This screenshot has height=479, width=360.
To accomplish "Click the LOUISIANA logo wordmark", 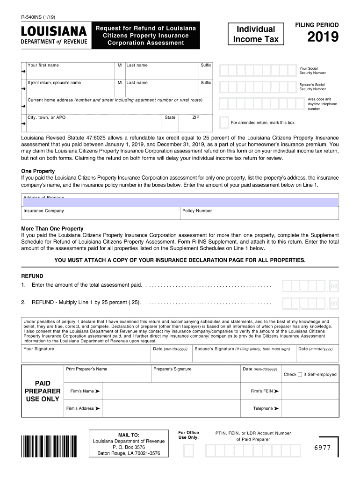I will click(x=54, y=32).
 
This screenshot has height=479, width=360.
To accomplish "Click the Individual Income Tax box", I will click(x=255, y=34).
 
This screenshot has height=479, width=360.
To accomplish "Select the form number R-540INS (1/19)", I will click(x=38, y=17).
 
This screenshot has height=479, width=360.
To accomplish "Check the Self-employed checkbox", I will click(x=300, y=374).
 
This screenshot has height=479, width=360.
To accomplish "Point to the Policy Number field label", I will click(x=197, y=211).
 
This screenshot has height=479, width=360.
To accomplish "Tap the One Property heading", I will click(x=38, y=171).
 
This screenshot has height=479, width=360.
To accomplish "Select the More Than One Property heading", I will click(x=52, y=229).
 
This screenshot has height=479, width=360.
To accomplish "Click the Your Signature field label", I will click(x=38, y=349).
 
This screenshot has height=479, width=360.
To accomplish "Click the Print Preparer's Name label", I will click(x=86, y=369).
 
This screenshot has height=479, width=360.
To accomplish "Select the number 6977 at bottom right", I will click(x=322, y=448).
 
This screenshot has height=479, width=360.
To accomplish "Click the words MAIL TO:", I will click(x=129, y=435).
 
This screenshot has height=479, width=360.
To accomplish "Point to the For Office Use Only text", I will click(x=188, y=435).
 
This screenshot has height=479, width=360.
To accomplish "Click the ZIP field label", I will click(x=196, y=117).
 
